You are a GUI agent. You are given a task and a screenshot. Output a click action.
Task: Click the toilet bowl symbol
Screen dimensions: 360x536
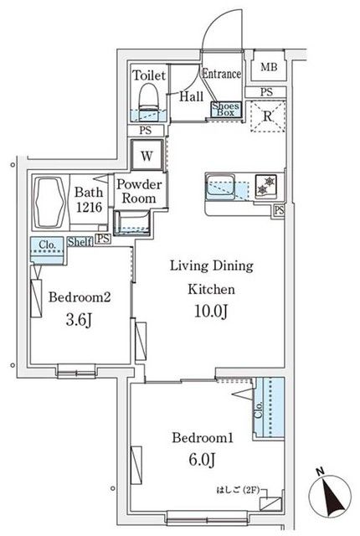pyautogui.click(x=149, y=97)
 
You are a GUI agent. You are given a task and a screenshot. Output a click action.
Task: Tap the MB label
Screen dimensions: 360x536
pyautogui.click(x=269, y=67)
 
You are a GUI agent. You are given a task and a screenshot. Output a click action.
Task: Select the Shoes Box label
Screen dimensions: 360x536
pyautogui.click(x=226, y=110)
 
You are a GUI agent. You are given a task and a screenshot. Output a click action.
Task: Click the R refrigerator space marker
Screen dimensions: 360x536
pyautogui.click(x=268, y=116)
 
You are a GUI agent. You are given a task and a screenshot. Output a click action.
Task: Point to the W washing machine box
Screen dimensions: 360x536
pyautogui.click(x=147, y=156)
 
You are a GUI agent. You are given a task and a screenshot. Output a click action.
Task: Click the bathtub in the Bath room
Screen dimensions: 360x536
pyautogui.click(x=51, y=203)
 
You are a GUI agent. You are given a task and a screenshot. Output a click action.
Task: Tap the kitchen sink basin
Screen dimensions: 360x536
pyautogui.click(x=220, y=187)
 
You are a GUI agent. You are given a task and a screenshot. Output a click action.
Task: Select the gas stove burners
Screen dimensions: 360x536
pyautogui.click(x=266, y=186)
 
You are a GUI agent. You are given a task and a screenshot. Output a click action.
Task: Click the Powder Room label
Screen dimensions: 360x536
pyautogui.click(x=139, y=191)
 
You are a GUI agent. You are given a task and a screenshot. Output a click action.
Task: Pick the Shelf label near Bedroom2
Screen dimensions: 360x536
pyautogui.click(x=80, y=242)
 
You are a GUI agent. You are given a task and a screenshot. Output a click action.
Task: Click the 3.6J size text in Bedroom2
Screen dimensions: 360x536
pyautogui.click(x=79, y=320)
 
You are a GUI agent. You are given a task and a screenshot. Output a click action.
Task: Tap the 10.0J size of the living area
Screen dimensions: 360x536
pyautogui.click(x=211, y=311)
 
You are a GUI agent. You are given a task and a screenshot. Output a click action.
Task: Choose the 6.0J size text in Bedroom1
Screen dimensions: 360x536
pyautogui.click(x=202, y=460)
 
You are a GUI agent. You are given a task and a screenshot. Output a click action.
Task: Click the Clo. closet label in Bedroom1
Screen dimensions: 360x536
pyautogui.click(x=260, y=410)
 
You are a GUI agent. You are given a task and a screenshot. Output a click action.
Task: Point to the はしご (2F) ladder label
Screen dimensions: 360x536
pyautogui.click(x=238, y=490)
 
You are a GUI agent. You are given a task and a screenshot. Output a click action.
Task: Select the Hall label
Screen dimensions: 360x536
pyautogui.click(x=192, y=97)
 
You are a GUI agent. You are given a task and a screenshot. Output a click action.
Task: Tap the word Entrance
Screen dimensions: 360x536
pyautogui.click(x=222, y=74)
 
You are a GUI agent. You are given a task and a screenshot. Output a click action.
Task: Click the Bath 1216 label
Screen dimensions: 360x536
pyautogui.click(x=89, y=199)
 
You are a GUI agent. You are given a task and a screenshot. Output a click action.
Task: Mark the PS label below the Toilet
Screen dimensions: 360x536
pyautogui.click(x=146, y=131)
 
